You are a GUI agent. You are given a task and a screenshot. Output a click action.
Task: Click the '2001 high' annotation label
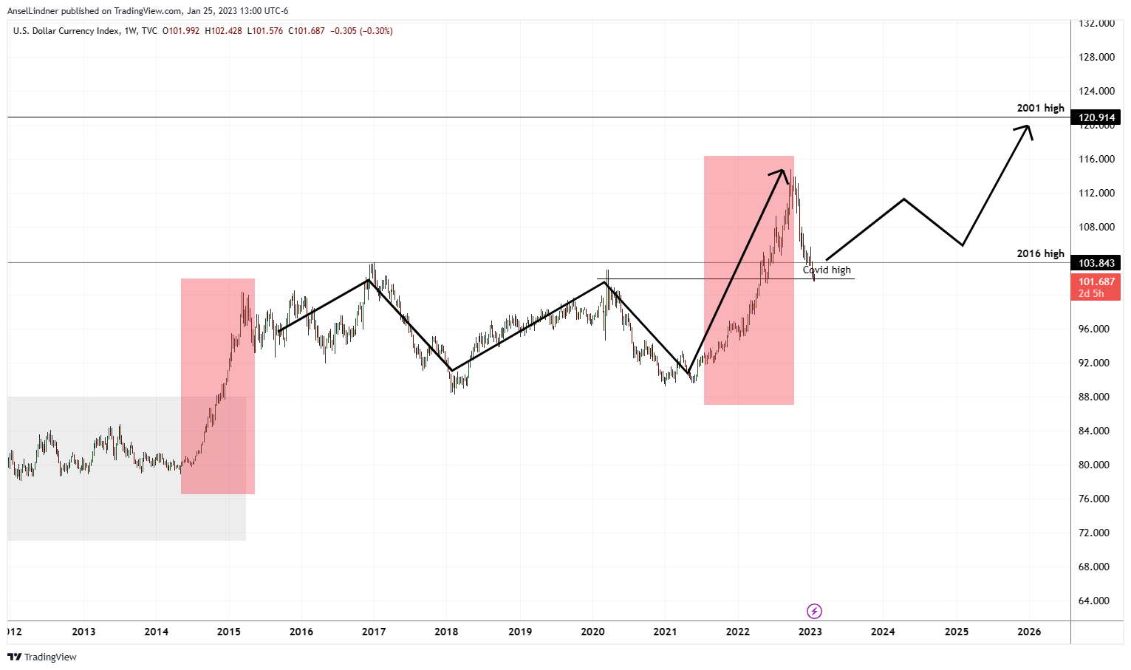tap(1040, 108)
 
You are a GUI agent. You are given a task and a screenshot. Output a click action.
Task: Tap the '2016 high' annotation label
tap(1040, 253)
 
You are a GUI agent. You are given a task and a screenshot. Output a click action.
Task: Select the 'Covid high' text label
tap(827, 270)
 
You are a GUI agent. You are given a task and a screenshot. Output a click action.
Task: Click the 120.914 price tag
tap(1097, 117)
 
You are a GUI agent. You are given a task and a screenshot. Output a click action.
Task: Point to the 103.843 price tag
tap(1097, 263)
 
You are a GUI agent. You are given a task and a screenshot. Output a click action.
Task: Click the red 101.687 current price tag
tap(1097, 281)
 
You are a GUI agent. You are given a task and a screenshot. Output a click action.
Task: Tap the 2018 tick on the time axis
tap(446, 632)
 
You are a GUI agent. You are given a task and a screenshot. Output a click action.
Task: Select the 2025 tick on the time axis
tap(956, 632)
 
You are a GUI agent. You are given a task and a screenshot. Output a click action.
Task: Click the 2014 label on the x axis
tap(156, 632)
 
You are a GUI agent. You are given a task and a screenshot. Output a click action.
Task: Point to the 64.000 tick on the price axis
tap(1094, 601)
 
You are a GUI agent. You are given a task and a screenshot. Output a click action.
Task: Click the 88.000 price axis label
tap(1094, 397)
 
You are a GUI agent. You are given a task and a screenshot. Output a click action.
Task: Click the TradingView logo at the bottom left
tap(42, 657)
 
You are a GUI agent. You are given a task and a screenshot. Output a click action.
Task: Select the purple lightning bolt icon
tap(814, 611)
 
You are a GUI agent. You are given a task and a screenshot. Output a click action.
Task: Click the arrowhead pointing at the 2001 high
tap(1025, 129)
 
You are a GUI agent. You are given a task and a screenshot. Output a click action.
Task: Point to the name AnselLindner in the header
tap(33, 11)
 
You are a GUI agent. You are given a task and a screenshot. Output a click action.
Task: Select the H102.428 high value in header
tap(223, 31)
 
